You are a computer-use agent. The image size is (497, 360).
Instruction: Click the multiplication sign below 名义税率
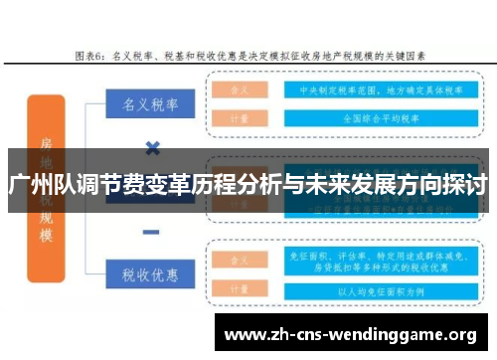pos(152,148)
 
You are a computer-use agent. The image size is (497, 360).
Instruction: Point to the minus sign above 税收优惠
pos(151,231)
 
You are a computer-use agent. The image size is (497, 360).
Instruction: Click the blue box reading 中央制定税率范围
pos(364,89)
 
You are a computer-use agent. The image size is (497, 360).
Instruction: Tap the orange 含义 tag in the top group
pos(239,89)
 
